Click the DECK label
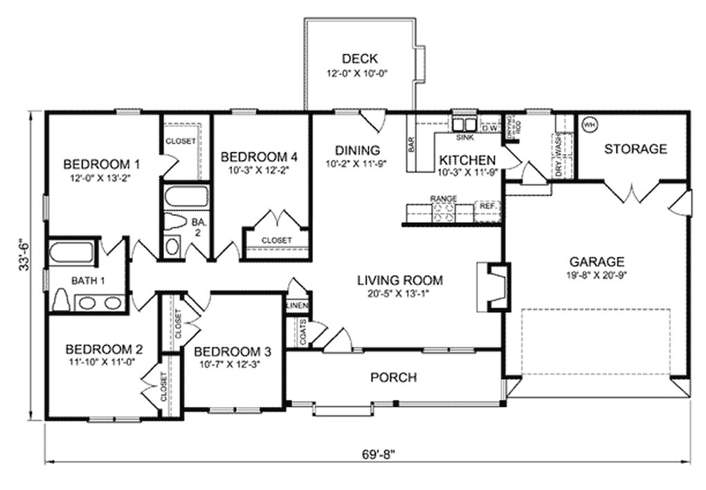[x=360, y=59]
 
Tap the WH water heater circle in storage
[x=589, y=125]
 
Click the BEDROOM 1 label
[x=102, y=164]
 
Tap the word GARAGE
[x=597, y=262]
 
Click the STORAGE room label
[x=635, y=149]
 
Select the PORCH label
[x=393, y=377]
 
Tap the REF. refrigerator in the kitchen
[x=487, y=206]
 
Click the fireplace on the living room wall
[x=494, y=284]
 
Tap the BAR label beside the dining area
[x=411, y=144]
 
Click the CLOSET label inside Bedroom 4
[x=276, y=240]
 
